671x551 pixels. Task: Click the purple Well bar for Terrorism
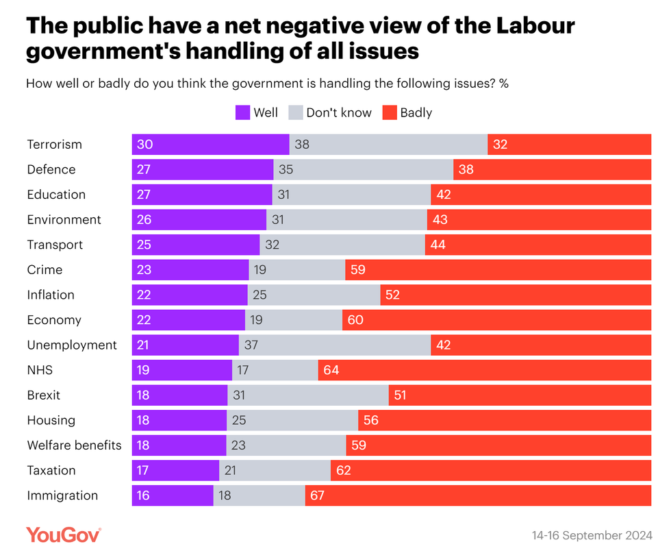[x=210, y=145]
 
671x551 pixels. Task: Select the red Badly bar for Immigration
[x=478, y=495]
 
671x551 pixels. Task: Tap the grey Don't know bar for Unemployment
[x=335, y=345]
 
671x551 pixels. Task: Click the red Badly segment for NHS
[x=485, y=370]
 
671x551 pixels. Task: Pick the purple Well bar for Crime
[x=190, y=270]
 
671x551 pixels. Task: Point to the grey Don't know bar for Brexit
[x=308, y=395]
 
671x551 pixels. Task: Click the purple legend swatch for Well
[x=242, y=112]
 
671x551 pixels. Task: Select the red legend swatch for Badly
[x=390, y=112]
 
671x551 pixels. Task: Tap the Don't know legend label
[x=339, y=112]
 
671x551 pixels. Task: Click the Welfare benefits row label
[x=74, y=445]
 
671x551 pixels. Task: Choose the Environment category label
[x=64, y=219]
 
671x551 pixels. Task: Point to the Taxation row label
[x=51, y=470]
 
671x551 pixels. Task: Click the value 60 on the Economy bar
[x=355, y=320]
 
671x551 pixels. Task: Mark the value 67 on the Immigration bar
[x=317, y=495]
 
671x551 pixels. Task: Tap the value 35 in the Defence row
[x=286, y=169]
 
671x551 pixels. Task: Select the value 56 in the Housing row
[x=370, y=420]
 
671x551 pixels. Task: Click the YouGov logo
[x=64, y=534]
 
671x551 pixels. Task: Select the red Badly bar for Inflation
[x=516, y=295]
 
